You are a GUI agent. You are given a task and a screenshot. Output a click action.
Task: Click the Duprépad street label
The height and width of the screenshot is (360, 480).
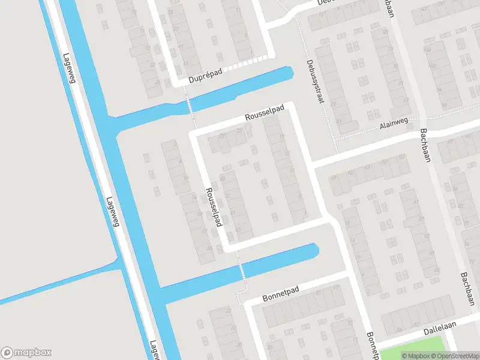click(x=205, y=78)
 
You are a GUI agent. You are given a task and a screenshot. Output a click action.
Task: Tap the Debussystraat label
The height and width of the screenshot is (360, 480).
click(x=314, y=82)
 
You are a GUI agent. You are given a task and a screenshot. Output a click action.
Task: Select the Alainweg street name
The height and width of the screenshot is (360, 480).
click(x=394, y=122)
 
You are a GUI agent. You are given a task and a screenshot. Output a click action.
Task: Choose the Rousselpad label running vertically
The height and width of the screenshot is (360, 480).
click(x=214, y=204)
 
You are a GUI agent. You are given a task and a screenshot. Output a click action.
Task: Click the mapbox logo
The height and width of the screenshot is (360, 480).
click(x=26, y=353)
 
